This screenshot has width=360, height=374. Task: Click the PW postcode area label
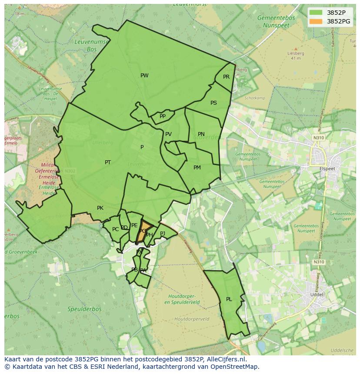(144, 76)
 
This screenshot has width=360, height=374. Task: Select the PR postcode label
(226, 77)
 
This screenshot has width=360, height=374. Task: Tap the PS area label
(213, 103)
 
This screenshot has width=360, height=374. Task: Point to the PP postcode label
(163, 116)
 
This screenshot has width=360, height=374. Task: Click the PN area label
(201, 134)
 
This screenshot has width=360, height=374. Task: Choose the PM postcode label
(197, 168)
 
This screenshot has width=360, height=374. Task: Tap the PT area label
(108, 162)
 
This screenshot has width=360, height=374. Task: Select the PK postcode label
(100, 208)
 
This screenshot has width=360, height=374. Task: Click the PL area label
(229, 299)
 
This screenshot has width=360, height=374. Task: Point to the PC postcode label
(115, 229)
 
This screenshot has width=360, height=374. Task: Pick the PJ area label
(163, 233)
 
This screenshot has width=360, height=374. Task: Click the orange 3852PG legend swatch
(317, 21)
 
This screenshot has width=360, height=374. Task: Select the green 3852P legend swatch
(317, 13)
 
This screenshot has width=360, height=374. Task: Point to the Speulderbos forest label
(84, 309)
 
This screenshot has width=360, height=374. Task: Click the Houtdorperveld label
(192, 319)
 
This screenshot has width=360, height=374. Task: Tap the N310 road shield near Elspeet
(319, 138)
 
